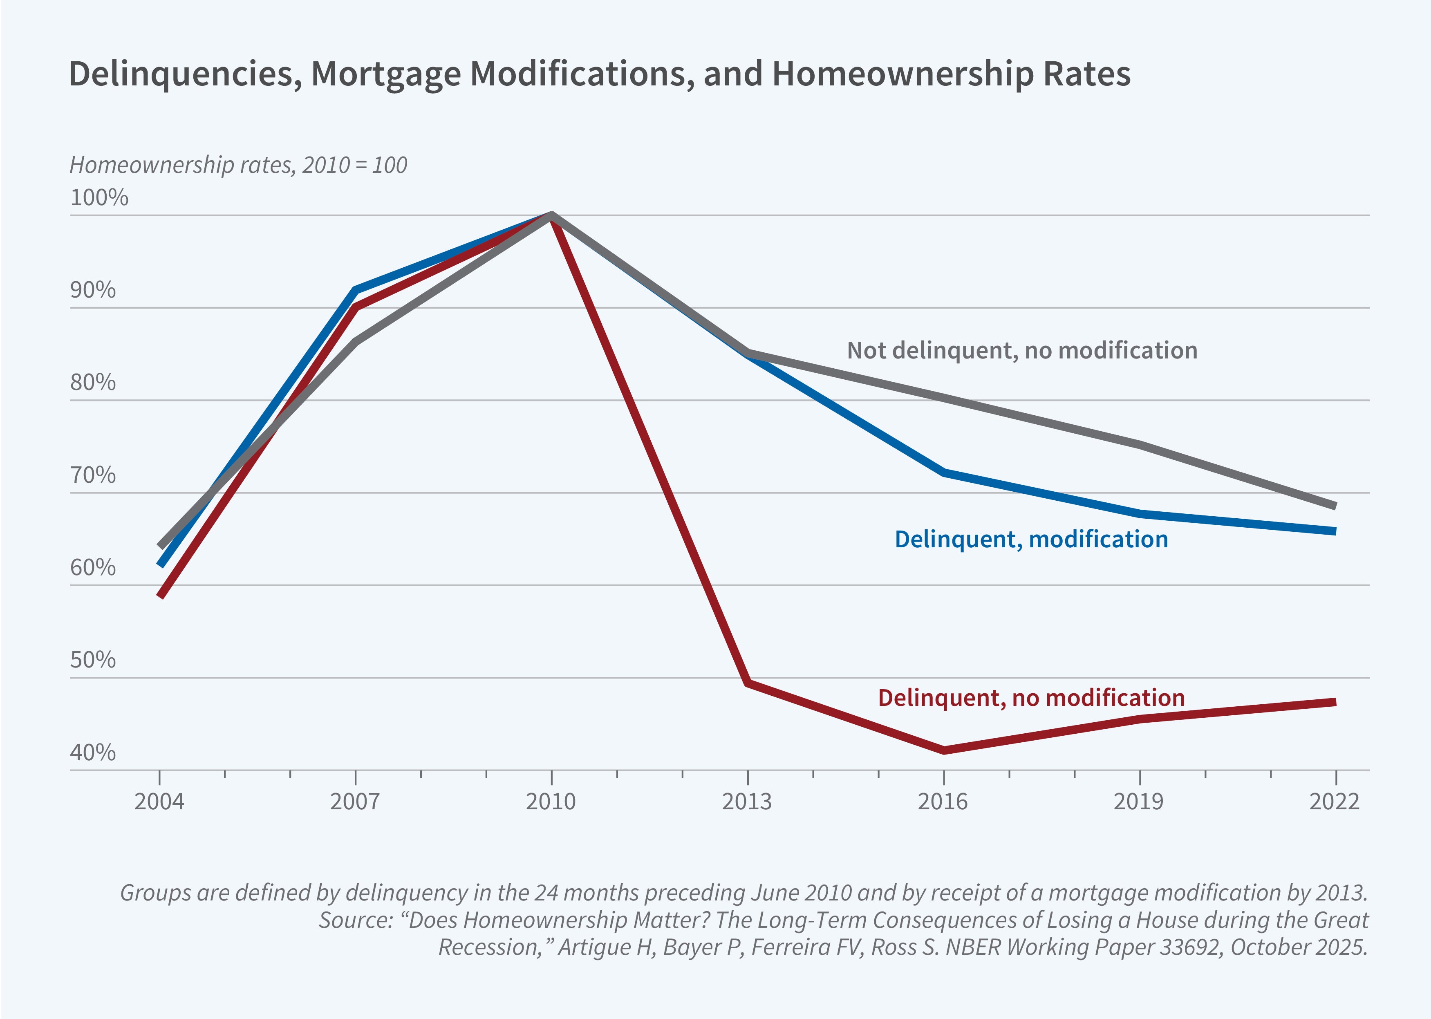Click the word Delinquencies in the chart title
(181, 74)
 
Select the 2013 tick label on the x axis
(746, 802)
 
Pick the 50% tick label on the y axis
(93, 660)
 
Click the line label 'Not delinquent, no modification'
(1022, 350)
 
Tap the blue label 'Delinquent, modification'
(1031, 540)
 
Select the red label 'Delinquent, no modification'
(1031, 698)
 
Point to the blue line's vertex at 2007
(356, 290)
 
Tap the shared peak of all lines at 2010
(551, 215)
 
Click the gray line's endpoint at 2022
(1335, 506)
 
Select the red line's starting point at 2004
(161, 595)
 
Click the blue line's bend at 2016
(943, 473)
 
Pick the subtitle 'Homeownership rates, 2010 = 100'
(238, 165)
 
